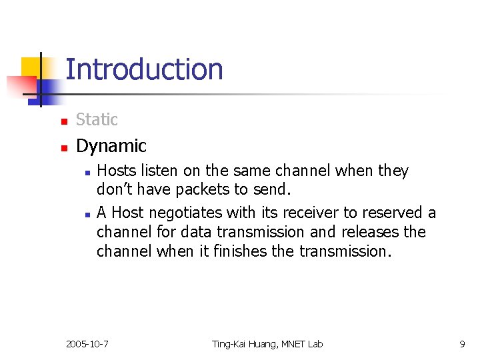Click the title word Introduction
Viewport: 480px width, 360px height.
click(144, 69)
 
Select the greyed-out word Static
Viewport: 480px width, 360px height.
click(97, 120)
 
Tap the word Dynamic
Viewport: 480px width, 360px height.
click(111, 145)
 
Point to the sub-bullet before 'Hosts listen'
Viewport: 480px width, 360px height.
click(87, 172)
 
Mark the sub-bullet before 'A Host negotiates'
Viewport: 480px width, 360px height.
click(87, 214)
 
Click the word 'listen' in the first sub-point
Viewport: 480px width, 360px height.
click(157, 171)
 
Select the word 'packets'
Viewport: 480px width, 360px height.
click(201, 190)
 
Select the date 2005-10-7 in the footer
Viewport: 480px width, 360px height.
click(87, 344)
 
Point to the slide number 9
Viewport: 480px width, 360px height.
click(462, 344)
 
